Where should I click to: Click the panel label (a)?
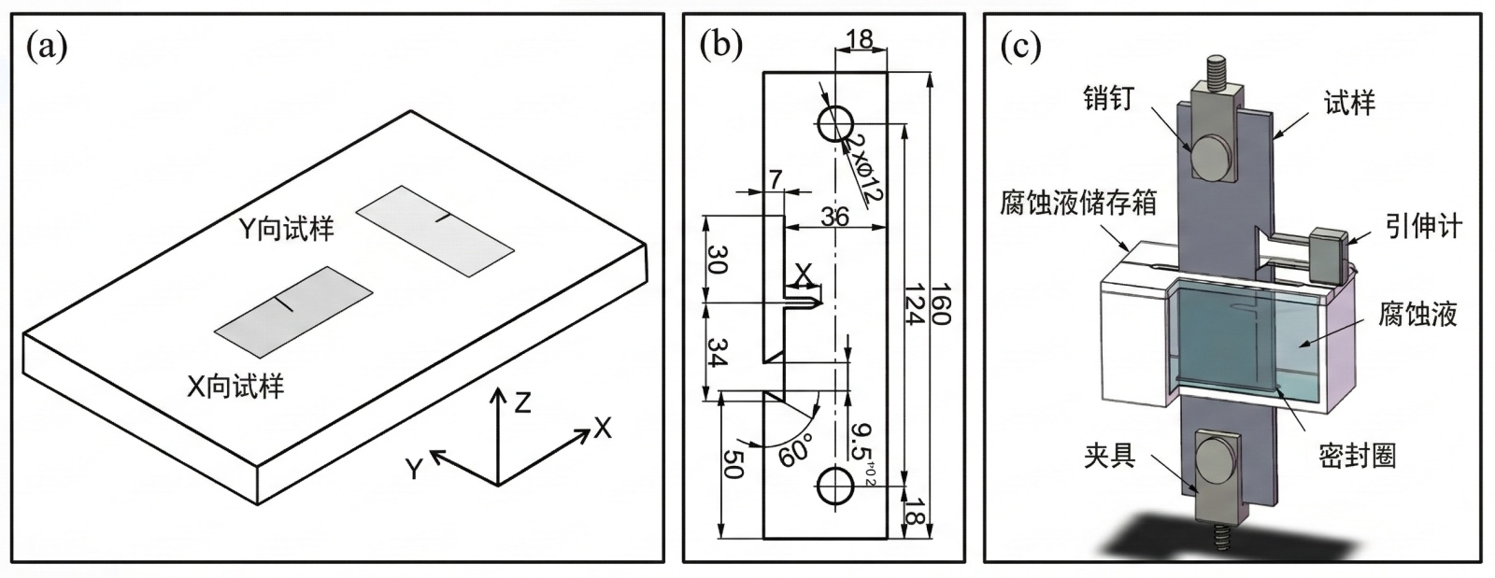tap(47, 48)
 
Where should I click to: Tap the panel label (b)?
tap(720, 46)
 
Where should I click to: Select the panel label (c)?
tap(1020, 47)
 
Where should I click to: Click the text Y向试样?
tap(286, 230)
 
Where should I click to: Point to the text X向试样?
tap(235, 387)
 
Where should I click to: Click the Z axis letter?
tap(522, 402)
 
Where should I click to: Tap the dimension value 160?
tap(940, 304)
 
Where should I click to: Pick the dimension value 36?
tap(835, 217)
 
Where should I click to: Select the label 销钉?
tap(1108, 99)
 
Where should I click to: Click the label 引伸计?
tap(1424, 227)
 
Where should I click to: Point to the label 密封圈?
tap(1358, 457)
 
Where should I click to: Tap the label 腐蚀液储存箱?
tap(1078, 203)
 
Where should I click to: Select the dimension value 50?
tap(733, 463)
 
